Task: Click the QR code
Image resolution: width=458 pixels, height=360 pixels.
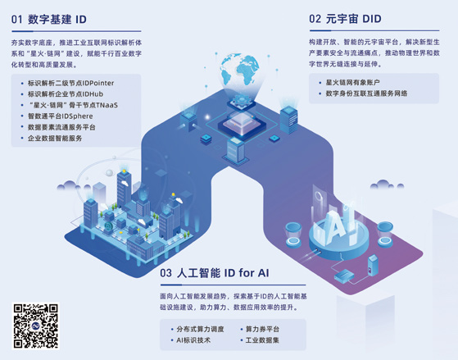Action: click(35, 326)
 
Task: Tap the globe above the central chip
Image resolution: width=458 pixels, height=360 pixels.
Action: click(239, 71)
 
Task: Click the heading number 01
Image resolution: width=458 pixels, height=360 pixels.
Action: click(16, 20)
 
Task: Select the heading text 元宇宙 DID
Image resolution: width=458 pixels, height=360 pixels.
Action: click(354, 19)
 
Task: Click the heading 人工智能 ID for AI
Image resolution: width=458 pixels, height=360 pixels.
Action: click(223, 273)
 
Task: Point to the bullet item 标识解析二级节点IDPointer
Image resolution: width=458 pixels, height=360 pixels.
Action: click(71, 83)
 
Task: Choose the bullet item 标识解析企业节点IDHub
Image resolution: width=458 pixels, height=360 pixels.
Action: click(66, 94)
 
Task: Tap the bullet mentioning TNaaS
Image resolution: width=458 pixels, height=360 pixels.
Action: click(73, 105)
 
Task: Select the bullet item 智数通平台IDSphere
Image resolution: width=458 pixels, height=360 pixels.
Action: click(60, 116)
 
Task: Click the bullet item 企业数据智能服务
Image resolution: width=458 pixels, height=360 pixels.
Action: click(55, 139)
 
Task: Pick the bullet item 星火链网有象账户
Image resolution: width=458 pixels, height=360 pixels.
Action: click(353, 83)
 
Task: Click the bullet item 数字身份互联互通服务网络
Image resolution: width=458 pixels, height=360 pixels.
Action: click(366, 93)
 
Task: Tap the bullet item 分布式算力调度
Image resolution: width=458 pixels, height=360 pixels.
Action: click(201, 330)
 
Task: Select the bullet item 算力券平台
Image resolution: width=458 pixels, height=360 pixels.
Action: click(262, 330)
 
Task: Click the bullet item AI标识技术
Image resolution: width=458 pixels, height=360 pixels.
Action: click(193, 340)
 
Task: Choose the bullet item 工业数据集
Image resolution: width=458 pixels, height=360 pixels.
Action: click(262, 340)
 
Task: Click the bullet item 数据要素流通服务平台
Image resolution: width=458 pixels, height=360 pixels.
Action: click(61, 127)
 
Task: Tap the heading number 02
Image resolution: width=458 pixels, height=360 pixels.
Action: click(315, 19)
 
